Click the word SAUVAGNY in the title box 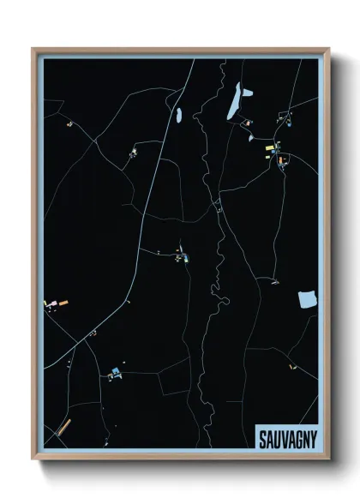[x=287, y=439]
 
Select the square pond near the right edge [x=307, y=299]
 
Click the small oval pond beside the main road [x=178, y=113]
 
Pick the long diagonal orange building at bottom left [x=61, y=429]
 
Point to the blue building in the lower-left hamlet [x=115, y=370]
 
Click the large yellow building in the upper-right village [x=268, y=148]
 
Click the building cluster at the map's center [x=180, y=255]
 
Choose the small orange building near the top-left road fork [x=69, y=123]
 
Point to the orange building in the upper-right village [x=280, y=159]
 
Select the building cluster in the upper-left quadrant [x=133, y=154]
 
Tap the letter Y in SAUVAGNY [x=313, y=439]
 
